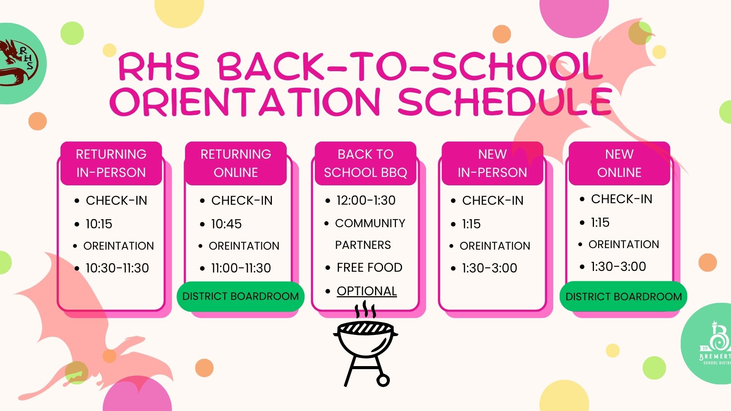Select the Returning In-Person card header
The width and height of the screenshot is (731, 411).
pos(111,163)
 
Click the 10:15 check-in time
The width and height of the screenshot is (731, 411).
pos(99,224)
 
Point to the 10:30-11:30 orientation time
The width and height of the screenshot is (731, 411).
pos(117,268)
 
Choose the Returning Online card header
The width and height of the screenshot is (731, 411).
pos(236,163)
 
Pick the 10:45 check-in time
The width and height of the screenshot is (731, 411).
pos(226,224)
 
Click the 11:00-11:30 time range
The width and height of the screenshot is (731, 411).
pos(241,268)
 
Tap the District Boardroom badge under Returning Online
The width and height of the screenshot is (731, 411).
pos(241,296)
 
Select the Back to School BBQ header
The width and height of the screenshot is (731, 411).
pos(365,163)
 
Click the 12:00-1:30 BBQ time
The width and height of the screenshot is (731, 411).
pos(366,200)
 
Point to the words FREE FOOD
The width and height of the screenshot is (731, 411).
pos(369,268)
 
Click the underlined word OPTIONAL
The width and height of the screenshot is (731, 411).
pos(367,291)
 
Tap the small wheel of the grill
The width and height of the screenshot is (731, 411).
pos(383,380)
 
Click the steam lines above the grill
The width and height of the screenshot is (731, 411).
pos(365,309)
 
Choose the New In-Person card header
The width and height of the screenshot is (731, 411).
pos(492,163)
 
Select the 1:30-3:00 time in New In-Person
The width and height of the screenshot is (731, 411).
pos(490,268)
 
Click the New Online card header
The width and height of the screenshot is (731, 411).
pos(619,163)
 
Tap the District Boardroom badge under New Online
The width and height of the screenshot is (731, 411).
pos(624,296)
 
